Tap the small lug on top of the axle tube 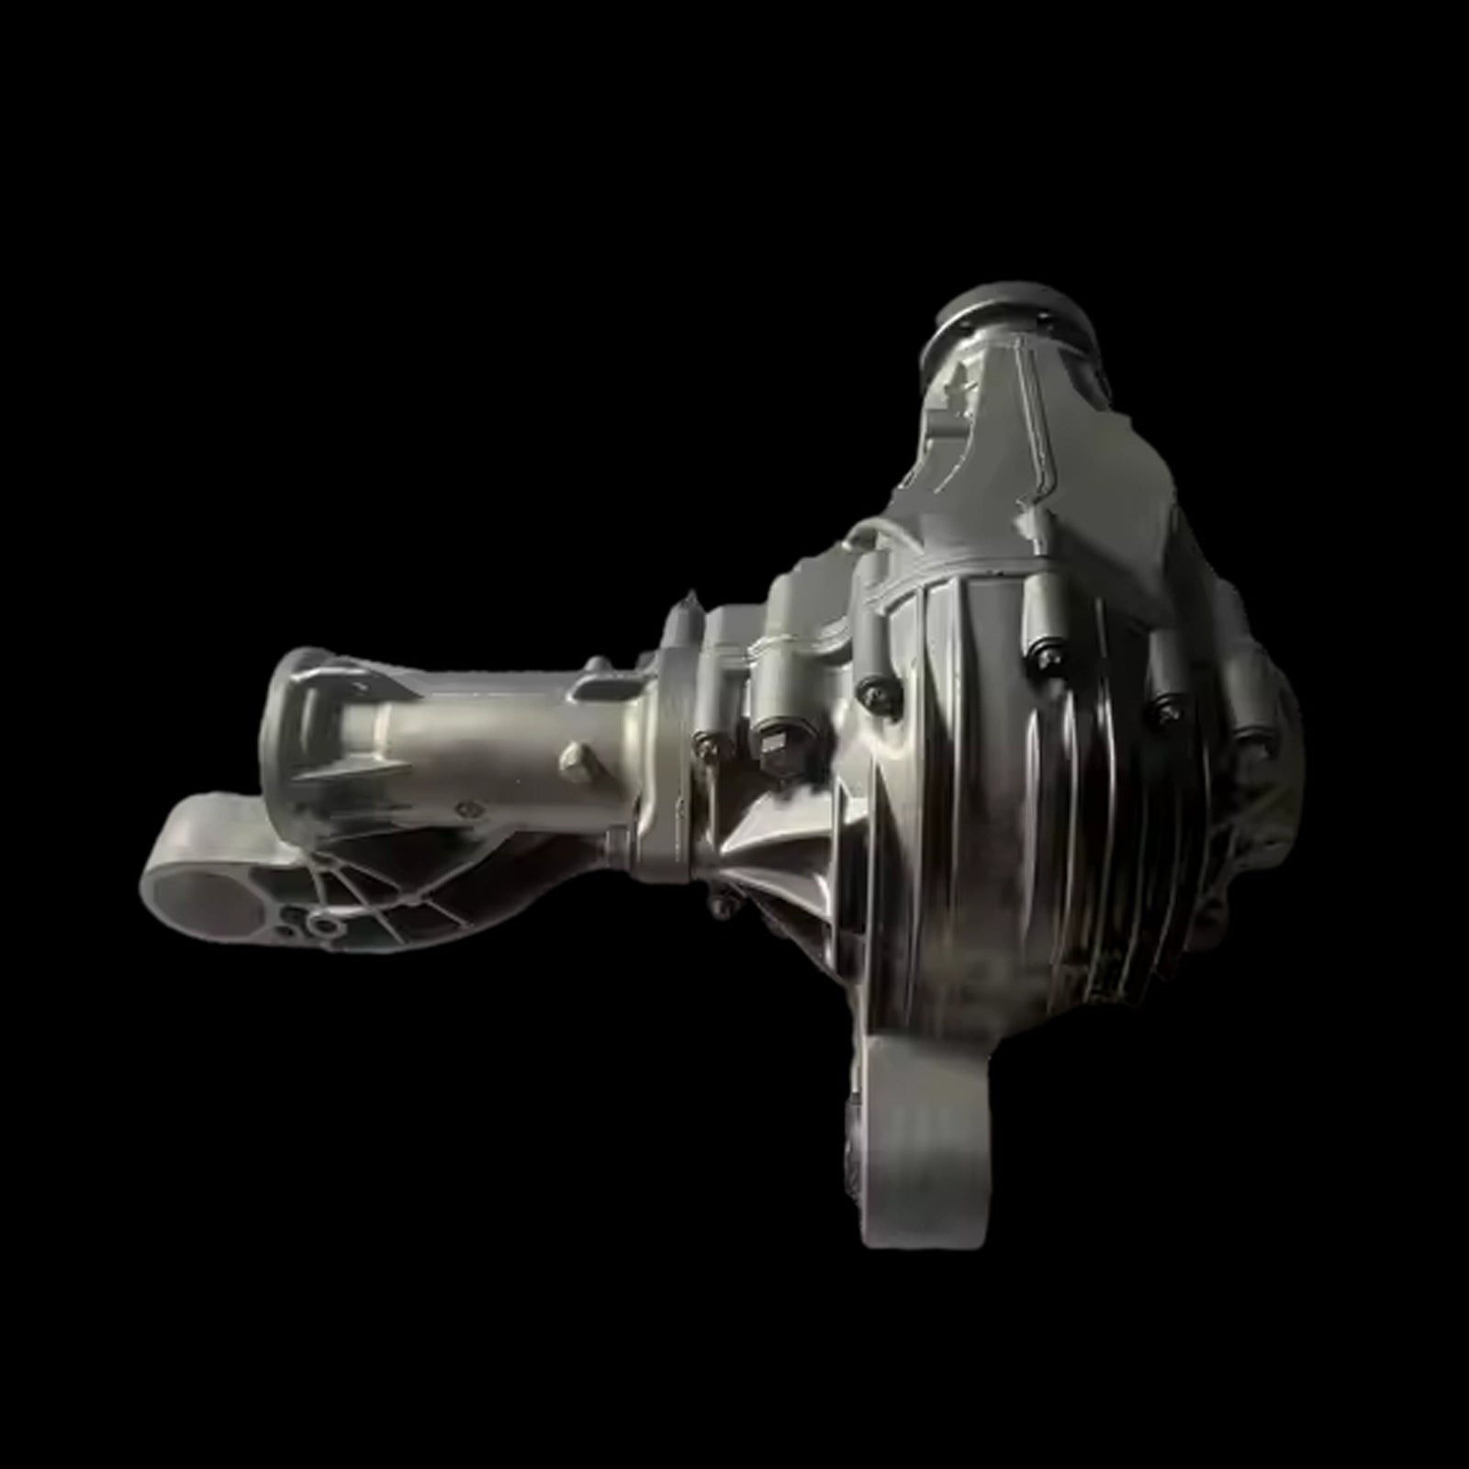pos(598,663)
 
